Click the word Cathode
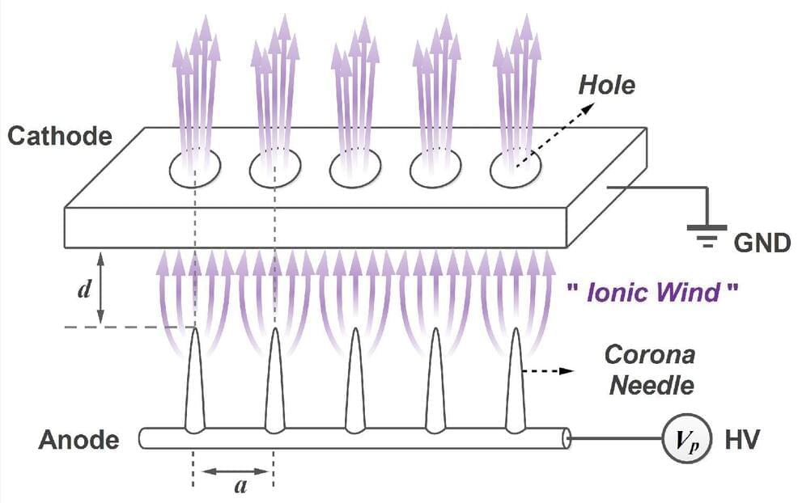point(59,135)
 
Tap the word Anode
point(79,441)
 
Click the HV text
point(742,440)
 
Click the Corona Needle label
point(651,369)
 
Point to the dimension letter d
point(83,290)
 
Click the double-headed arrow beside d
point(101,289)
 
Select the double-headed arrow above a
point(234,470)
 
